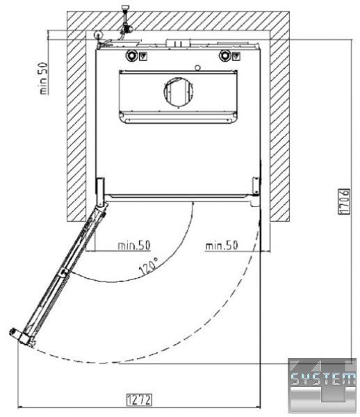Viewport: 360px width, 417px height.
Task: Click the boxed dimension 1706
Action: (344, 201)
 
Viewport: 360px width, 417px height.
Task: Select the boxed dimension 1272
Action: (139, 400)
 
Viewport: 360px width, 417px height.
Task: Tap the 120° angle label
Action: (149, 265)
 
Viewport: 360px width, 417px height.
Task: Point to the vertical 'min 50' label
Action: (44, 78)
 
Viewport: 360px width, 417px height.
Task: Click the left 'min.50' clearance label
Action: (134, 245)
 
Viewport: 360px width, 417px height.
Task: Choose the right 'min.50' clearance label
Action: (222, 245)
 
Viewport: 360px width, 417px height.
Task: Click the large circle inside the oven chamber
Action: (179, 91)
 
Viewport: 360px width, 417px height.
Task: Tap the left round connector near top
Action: (131, 56)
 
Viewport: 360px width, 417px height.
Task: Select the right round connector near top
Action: (224, 56)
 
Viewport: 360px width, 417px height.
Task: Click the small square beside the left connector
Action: (143, 56)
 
